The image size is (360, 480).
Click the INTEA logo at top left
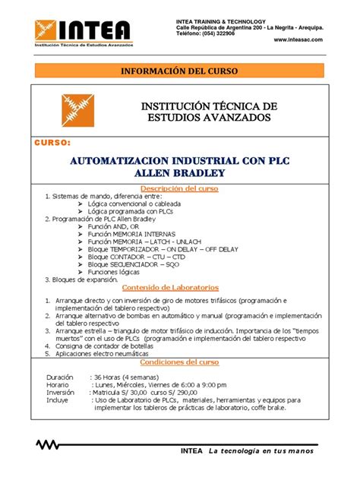tap(81, 33)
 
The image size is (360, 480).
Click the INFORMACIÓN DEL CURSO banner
tap(180, 71)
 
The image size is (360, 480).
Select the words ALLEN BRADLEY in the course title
tap(180, 173)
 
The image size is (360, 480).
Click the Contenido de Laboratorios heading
tap(179, 288)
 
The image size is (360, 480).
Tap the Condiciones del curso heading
tap(179, 362)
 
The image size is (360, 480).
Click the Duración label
tap(60, 377)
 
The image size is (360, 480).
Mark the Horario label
tap(58, 384)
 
